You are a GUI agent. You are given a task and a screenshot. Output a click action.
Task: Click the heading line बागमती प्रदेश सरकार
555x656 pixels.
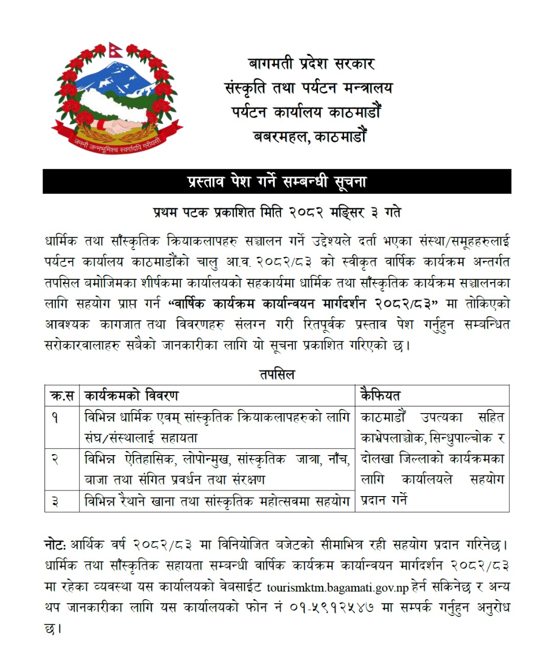[x=311, y=64]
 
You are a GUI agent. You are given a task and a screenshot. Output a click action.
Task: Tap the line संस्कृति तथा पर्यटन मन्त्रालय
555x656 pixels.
[x=309, y=88]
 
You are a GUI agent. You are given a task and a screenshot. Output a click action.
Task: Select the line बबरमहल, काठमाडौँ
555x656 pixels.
[x=310, y=136]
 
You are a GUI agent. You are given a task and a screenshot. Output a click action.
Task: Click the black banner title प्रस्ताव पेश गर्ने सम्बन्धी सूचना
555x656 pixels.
[x=277, y=181]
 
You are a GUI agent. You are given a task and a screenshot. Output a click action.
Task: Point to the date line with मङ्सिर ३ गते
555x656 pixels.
[x=277, y=212]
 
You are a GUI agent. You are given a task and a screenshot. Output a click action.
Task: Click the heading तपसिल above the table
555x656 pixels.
[x=277, y=374]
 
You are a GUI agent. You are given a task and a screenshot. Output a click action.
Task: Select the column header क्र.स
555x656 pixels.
[x=62, y=396]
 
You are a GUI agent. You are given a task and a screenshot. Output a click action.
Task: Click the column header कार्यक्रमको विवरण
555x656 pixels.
[x=132, y=396]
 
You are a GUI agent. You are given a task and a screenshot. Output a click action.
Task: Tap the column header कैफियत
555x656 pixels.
[x=380, y=396]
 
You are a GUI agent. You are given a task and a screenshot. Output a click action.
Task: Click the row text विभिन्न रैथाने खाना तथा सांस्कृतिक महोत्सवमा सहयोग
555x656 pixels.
[x=217, y=501]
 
